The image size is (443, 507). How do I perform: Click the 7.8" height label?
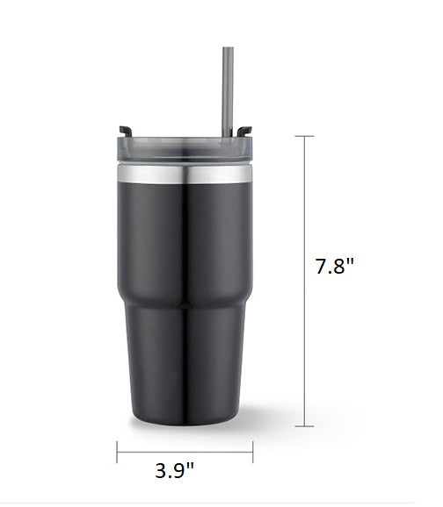pyautogui.click(x=335, y=266)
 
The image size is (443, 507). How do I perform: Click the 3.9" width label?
pyautogui.click(x=174, y=470)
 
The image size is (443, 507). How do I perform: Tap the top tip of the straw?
pyautogui.click(x=228, y=48)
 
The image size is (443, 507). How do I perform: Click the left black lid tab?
pyautogui.click(x=126, y=131)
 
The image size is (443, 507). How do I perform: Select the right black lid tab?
pyautogui.click(x=244, y=131)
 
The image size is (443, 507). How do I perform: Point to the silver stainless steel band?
pyautogui.click(x=185, y=174)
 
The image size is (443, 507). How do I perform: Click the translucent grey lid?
pyautogui.click(x=185, y=149)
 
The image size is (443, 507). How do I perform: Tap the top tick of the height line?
pyautogui.click(x=304, y=136)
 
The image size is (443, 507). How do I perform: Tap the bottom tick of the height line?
pyautogui.click(x=304, y=426)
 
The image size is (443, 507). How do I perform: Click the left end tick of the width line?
pyautogui.click(x=117, y=452)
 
